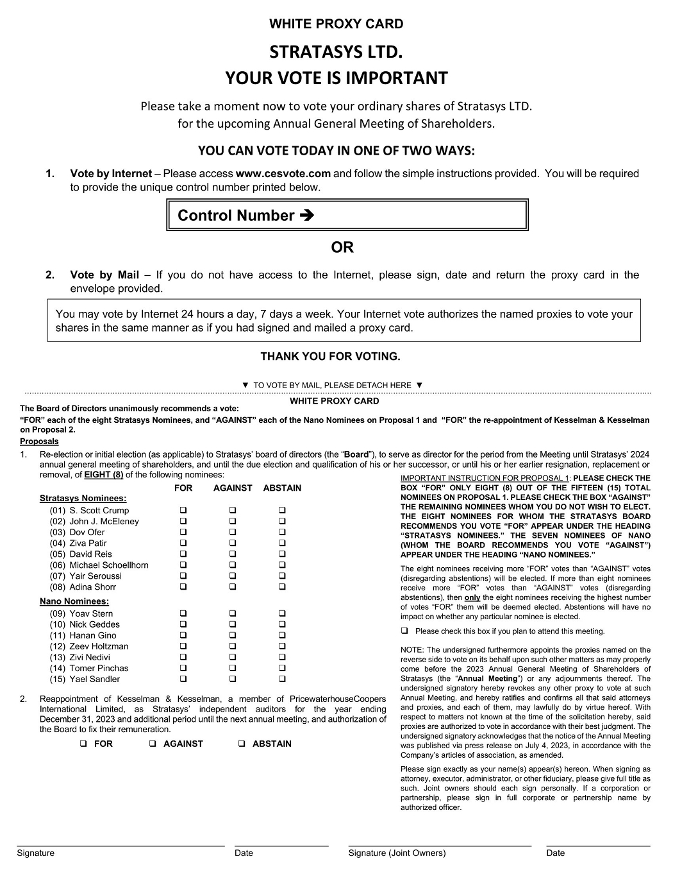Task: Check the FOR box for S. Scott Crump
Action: tap(183, 511)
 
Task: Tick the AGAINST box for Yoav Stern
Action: tap(233, 614)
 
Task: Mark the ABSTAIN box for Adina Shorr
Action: tap(282, 587)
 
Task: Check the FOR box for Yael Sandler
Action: tap(183, 680)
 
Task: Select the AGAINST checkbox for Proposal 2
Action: tap(153, 744)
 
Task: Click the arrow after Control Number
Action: tap(307, 216)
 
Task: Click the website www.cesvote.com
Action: tap(283, 173)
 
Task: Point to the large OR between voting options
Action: tap(342, 247)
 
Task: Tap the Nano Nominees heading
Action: tap(74, 601)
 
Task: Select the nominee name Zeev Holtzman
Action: tap(99, 647)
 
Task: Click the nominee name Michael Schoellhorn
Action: tap(109, 565)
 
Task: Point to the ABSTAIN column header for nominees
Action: tap(282, 488)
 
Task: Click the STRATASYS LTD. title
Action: tap(336, 51)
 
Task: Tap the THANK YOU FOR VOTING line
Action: tap(330, 357)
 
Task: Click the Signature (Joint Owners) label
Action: tap(397, 853)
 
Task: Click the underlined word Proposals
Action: tap(39, 441)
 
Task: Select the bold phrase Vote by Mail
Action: tap(104, 275)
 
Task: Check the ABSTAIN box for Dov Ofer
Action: tap(282, 533)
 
